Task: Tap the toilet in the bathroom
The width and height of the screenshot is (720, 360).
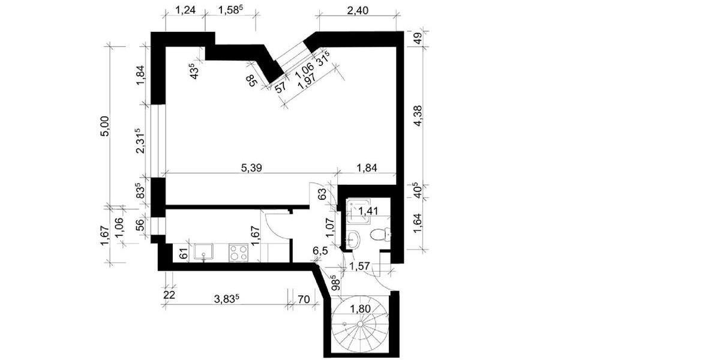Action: coord(377,234)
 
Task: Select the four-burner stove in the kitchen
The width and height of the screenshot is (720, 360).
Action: coord(239,252)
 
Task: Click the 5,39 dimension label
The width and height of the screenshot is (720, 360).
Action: coord(253,167)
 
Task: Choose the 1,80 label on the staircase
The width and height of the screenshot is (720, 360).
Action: coord(361,310)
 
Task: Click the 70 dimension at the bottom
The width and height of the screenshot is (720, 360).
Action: coord(304,298)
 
